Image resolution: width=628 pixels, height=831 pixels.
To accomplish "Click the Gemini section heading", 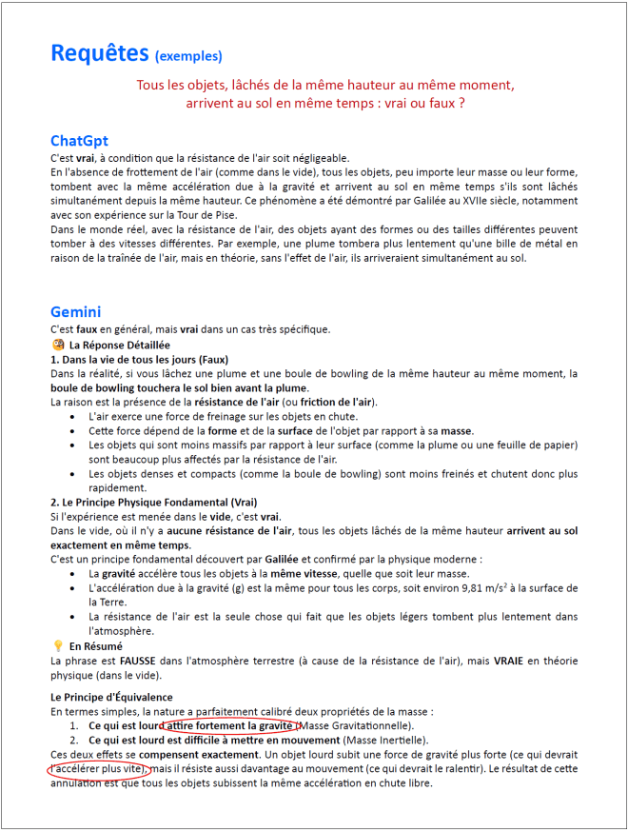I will pyautogui.click(x=75, y=311).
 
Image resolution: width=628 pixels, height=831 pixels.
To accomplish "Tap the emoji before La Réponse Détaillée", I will pyautogui.click(x=58, y=345).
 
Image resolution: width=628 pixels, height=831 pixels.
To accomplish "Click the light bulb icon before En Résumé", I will pyautogui.click(x=58, y=645).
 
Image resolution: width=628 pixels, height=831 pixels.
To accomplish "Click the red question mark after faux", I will pyautogui.click(x=461, y=102).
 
